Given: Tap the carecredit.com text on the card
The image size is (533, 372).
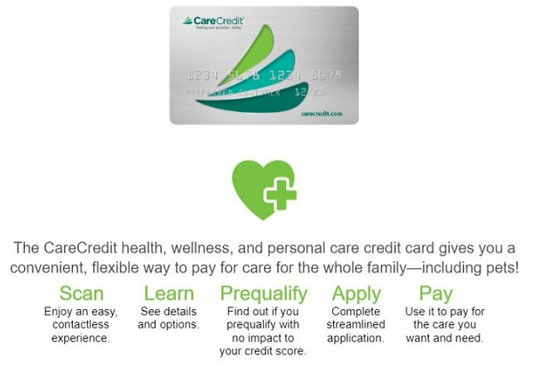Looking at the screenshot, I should click(321, 114).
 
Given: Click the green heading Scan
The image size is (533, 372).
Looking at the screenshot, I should click(82, 293).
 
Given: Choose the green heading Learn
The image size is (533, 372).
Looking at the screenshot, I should click(167, 293).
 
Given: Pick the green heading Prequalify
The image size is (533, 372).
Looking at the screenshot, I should click(264, 293).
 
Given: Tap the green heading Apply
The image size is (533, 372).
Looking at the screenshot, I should click(357, 293).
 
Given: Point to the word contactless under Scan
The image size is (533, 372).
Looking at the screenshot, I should click(81, 326).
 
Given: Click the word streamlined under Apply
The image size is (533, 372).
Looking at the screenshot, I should click(357, 326).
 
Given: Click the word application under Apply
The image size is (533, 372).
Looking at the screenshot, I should click(357, 339).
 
